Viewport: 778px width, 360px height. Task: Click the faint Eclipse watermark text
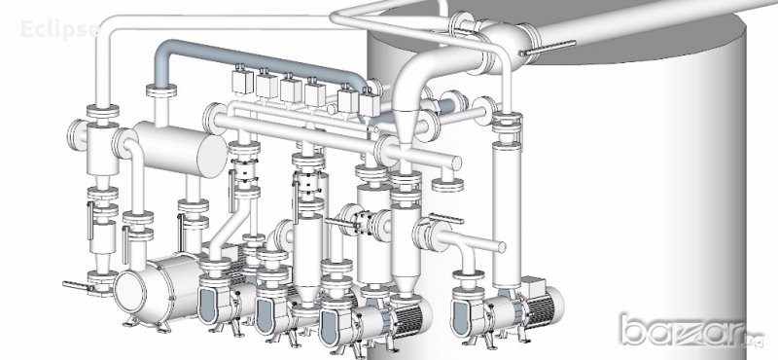58,29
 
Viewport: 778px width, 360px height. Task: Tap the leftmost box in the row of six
242,82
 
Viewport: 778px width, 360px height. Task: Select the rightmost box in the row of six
370,105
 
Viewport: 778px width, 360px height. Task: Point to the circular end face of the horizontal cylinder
212,156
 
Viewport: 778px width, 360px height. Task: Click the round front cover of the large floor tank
130,292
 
